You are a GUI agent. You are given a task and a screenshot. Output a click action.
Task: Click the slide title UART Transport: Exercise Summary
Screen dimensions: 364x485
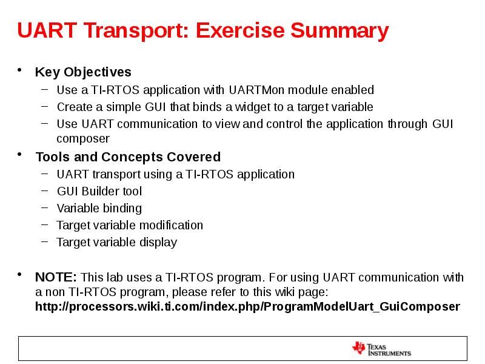click(202, 30)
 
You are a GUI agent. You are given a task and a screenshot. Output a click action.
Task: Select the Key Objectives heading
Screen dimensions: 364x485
click(83, 72)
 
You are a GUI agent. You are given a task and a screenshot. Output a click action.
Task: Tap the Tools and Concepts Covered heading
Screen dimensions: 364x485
click(128, 157)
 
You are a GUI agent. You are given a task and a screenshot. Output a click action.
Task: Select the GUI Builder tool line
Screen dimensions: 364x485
click(99, 191)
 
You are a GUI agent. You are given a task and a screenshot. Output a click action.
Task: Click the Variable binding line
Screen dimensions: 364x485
click(99, 208)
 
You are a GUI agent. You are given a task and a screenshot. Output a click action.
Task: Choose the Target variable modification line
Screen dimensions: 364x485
click(130, 225)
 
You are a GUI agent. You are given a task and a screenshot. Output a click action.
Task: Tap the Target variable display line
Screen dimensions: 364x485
click(116, 242)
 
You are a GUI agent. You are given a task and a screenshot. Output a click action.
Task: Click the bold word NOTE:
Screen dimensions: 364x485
click(56, 278)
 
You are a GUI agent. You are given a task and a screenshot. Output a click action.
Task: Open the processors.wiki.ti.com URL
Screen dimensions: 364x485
click(247, 306)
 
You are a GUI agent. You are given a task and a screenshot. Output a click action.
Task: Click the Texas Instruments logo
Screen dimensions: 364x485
click(381, 348)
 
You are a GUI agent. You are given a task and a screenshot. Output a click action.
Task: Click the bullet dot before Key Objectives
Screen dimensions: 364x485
click(21, 71)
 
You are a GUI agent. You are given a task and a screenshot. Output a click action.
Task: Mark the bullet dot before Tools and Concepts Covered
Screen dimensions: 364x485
click(21, 156)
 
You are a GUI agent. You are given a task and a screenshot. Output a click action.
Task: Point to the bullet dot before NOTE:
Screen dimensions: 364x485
click(21, 277)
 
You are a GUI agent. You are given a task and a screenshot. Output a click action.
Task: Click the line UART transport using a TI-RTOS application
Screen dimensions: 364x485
click(175, 174)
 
